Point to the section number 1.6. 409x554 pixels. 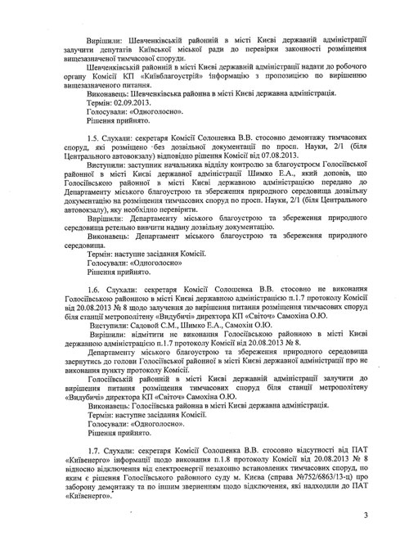tap(93, 311)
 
